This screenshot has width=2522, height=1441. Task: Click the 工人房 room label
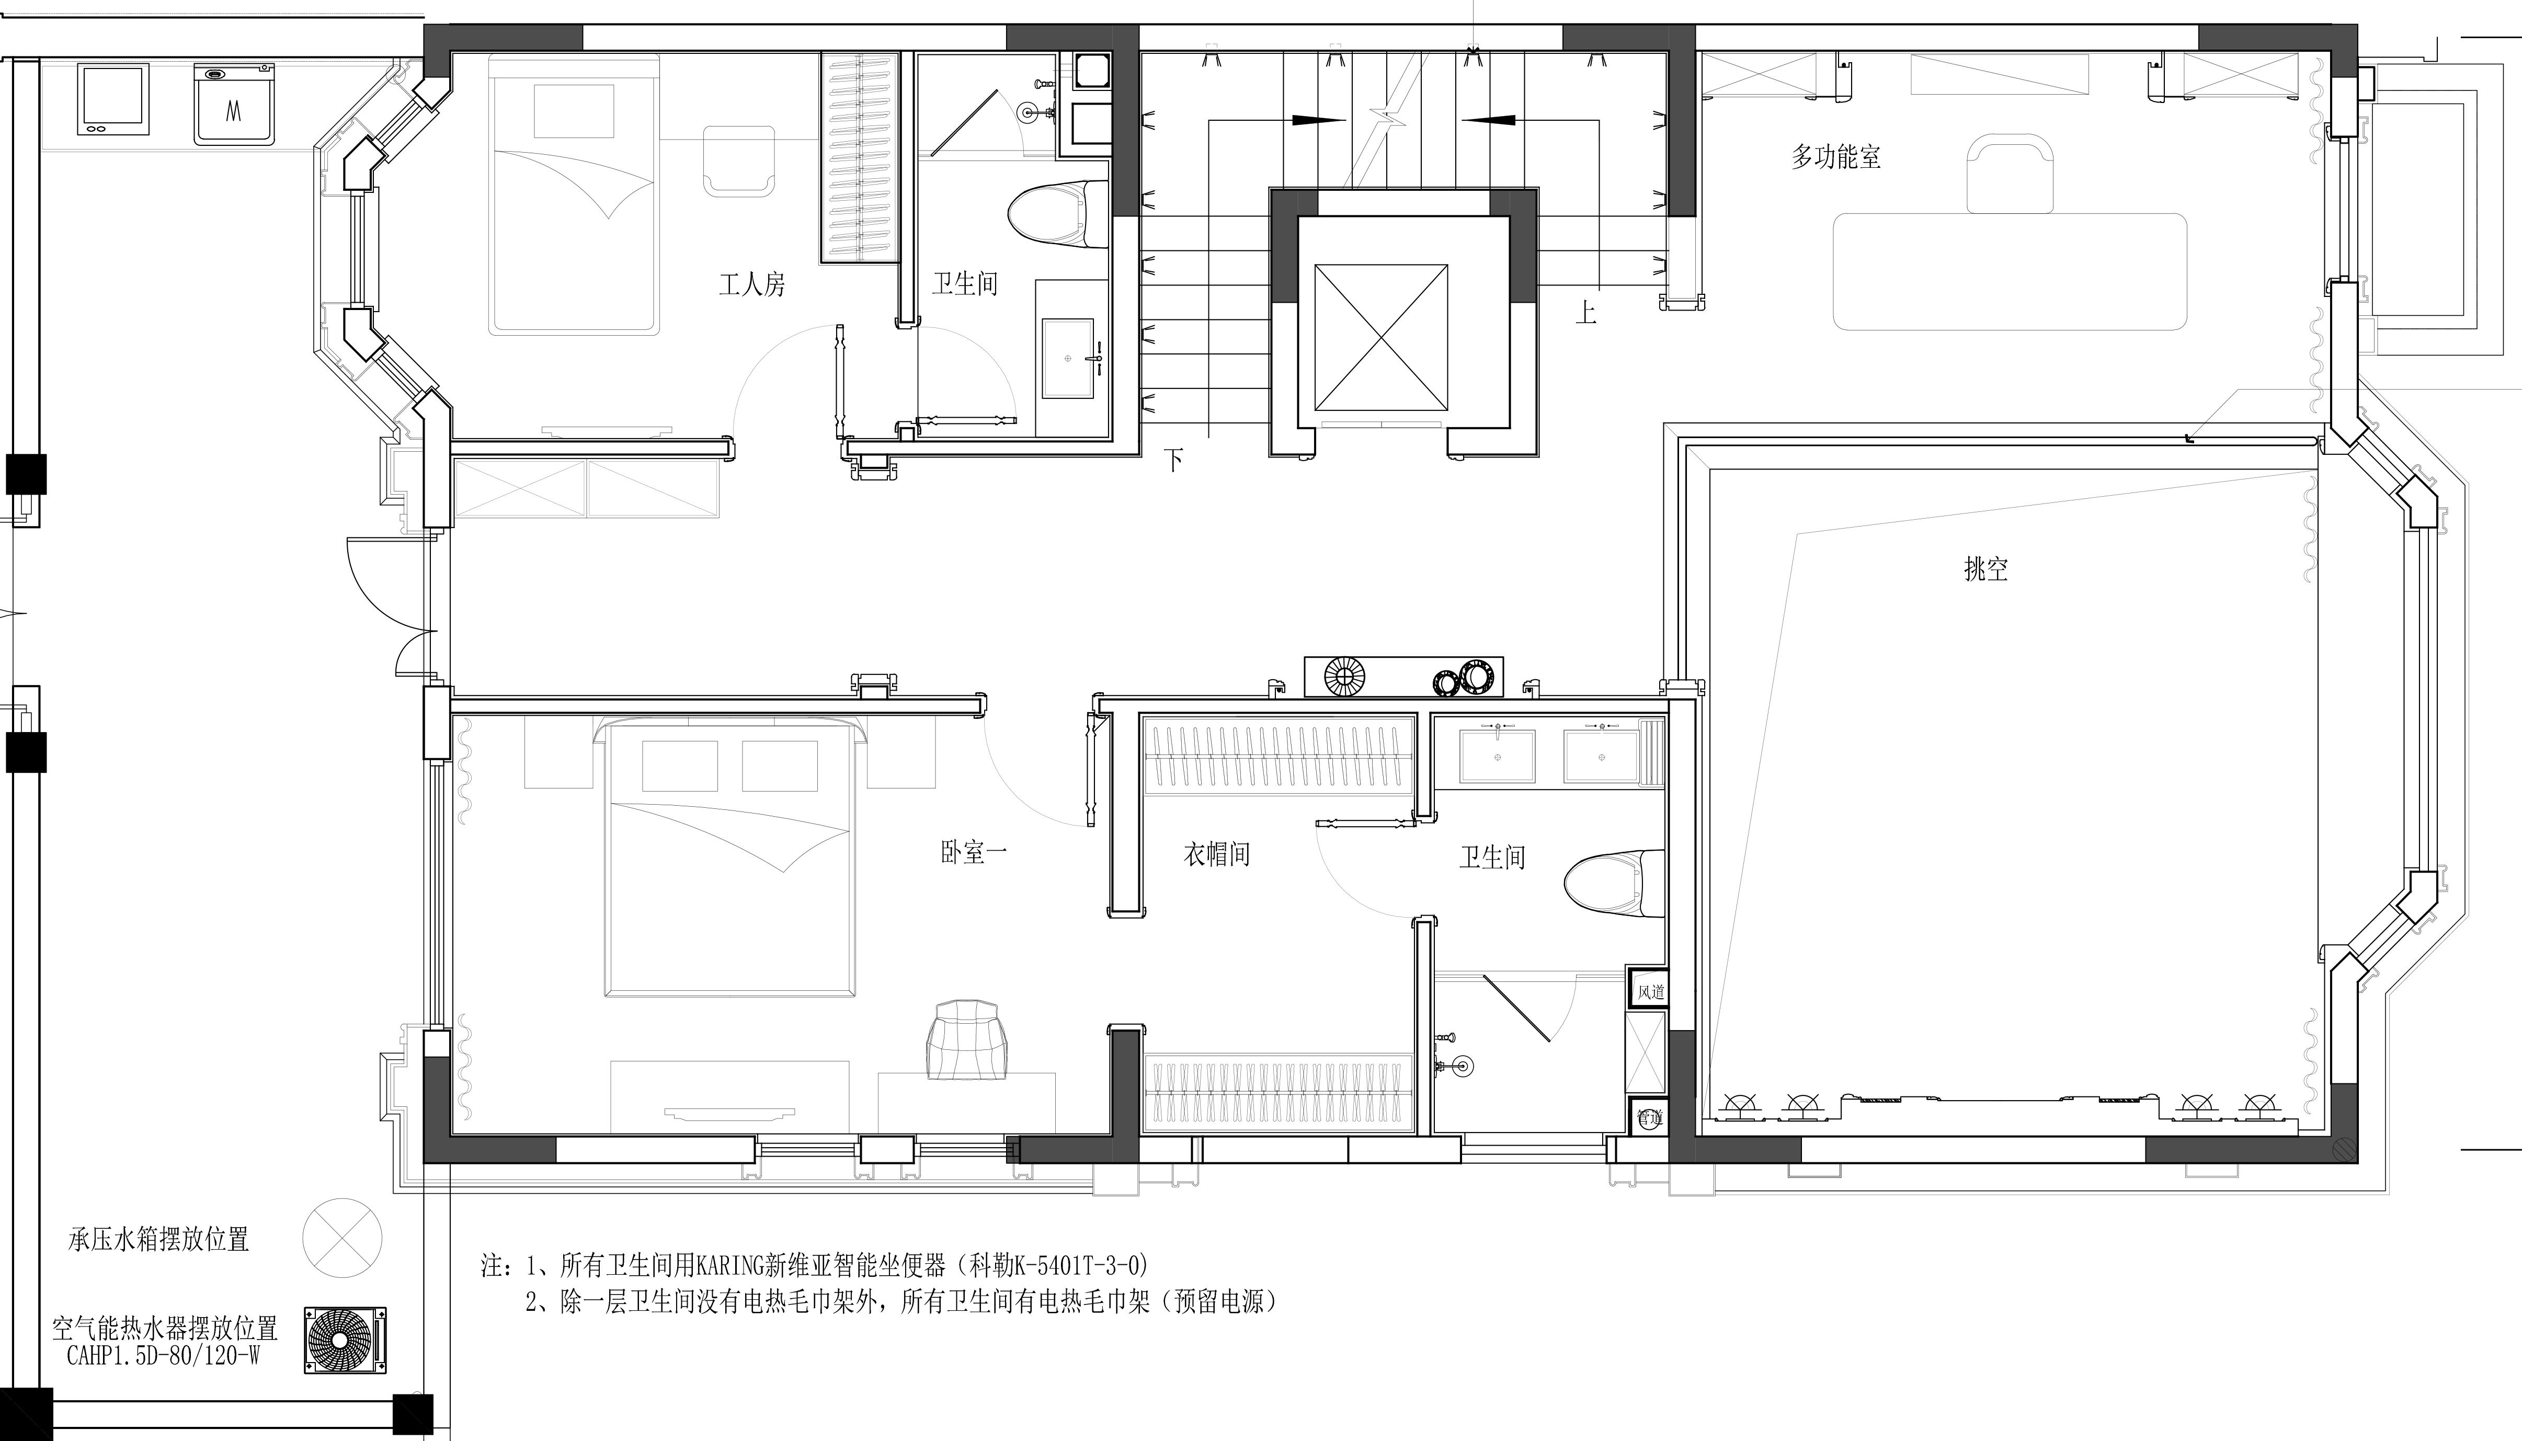pos(752,285)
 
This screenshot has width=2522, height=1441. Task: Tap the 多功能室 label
pos(1836,156)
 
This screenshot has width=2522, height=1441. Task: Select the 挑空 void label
pos(1985,569)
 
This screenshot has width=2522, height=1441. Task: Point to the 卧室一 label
pos(974,852)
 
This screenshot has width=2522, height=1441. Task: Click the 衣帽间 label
pos(1216,854)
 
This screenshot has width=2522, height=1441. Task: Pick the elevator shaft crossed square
pos(1381,337)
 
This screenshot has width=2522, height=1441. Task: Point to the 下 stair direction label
pos(1174,460)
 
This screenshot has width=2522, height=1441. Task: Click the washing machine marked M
pos(235,104)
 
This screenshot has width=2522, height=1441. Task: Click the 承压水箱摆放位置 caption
pos(158,1239)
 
